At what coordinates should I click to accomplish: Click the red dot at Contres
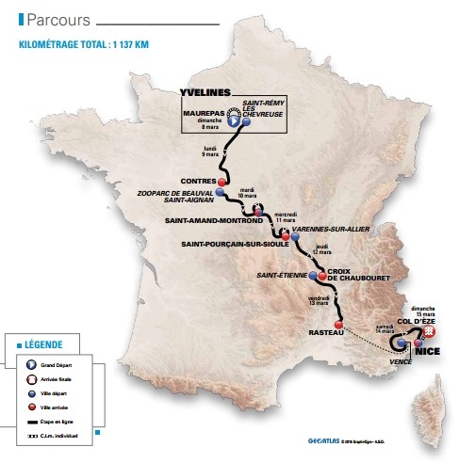tap(222, 182)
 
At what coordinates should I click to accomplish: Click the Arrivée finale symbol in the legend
tap(20, 375)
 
